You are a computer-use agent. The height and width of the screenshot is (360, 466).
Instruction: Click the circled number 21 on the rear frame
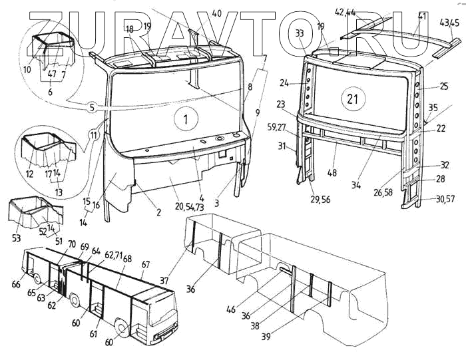pyautogui.click(x=353, y=100)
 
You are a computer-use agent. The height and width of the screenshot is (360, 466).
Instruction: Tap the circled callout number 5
pyautogui.click(x=93, y=106)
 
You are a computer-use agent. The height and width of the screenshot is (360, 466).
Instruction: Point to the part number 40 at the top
pyautogui.click(x=217, y=13)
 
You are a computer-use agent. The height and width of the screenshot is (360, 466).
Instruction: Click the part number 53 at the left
pyautogui.click(x=15, y=238)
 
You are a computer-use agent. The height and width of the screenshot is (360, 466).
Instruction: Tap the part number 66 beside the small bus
pyautogui.click(x=16, y=285)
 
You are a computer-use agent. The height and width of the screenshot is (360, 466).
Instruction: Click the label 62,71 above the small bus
pyautogui.click(x=114, y=255)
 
